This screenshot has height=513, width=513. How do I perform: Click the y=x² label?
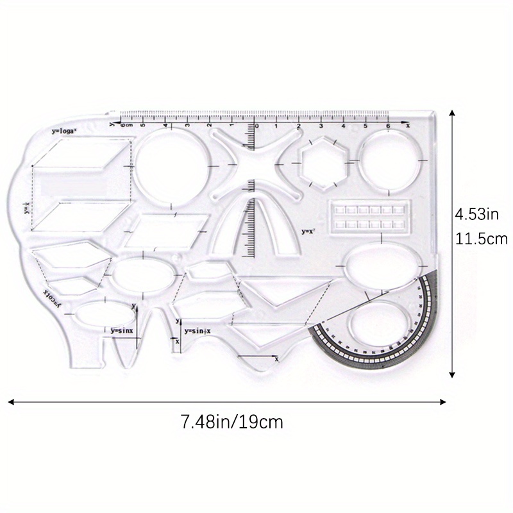pos(309,230)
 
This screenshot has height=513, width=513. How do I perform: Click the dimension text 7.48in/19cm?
pos(231,423)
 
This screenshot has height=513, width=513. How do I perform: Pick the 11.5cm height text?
pos(481,239)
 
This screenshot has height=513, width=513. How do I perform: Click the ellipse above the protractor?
pos(383,267)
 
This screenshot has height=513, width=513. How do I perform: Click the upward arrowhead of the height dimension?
pos(453,114)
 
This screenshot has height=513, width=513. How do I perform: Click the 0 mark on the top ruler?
pos(256,126)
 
